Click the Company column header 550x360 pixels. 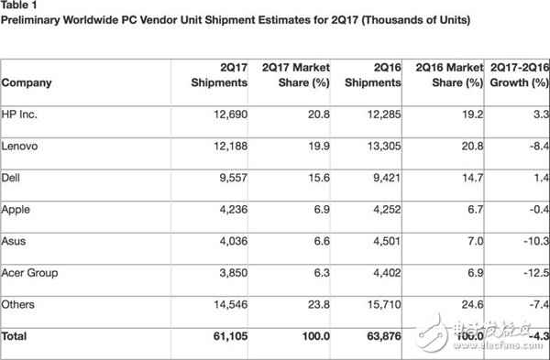[27, 83]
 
